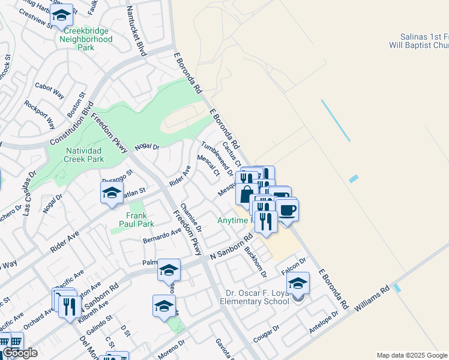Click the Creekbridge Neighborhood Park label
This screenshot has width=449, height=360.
pyautogui.click(x=86, y=39)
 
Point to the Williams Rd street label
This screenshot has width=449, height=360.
pyautogui.click(x=376, y=297)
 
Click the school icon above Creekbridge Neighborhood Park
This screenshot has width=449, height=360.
pyautogui.click(x=61, y=16)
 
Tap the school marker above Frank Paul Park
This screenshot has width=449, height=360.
pyautogui.click(x=111, y=193)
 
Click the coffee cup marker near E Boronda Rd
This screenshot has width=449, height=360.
pyautogui.click(x=286, y=211)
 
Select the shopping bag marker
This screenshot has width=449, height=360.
pyautogui.click(x=247, y=194)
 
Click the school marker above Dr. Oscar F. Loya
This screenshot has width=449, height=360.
pyautogui.click(x=298, y=283)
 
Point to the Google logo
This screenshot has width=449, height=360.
pyautogui.click(x=20, y=353)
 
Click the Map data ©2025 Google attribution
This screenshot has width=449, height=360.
pyautogui.click(x=412, y=355)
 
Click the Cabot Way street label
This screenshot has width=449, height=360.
pyautogui.click(x=50, y=91)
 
